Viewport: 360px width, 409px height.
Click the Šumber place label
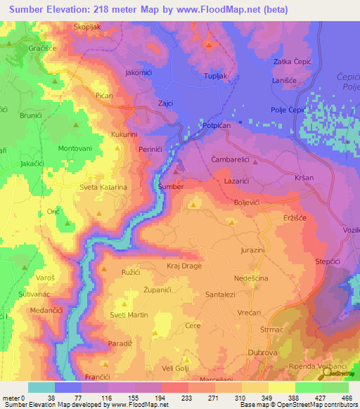pyautogui.click(x=172, y=187)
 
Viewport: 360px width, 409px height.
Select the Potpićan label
pyautogui.click(x=222, y=125)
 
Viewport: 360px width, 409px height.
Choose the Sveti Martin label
pyautogui.click(x=129, y=315)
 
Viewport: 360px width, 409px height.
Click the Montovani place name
pyautogui.click(x=75, y=149)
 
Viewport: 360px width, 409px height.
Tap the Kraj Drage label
pyautogui.click(x=184, y=267)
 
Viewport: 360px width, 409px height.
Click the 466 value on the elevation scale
pyautogui.click(x=346, y=397)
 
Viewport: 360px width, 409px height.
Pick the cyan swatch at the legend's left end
pyautogui.click(x=41, y=387)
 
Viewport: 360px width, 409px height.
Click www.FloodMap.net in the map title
pyautogui.click(x=219, y=10)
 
